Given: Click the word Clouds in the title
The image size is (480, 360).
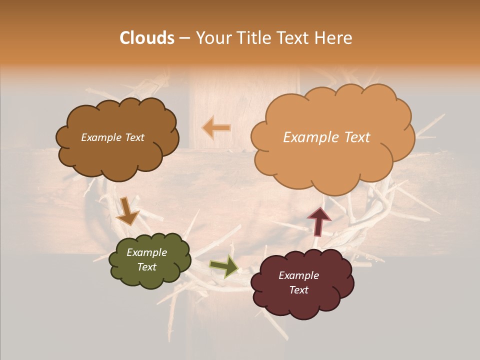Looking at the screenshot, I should [146, 38].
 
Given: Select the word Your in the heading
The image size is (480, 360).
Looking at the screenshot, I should [214, 38].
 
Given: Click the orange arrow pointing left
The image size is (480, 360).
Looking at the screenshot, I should [216, 128].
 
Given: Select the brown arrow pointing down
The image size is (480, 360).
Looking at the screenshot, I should [127, 211].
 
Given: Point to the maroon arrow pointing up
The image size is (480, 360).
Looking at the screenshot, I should [318, 220].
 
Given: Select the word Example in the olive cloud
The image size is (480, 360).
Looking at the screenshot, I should [146, 252].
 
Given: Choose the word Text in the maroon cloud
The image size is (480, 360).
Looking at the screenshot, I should [298, 290].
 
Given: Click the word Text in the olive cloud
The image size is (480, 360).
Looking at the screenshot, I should [146, 267].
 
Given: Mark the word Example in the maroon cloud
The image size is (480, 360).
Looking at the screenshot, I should [298, 275].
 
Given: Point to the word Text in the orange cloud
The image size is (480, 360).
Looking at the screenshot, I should [353, 137].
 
